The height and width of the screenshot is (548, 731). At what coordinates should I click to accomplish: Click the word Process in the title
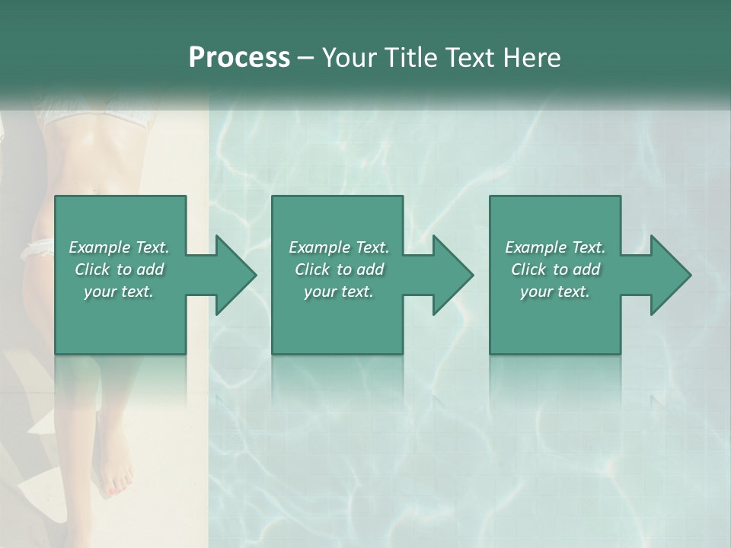[239, 58]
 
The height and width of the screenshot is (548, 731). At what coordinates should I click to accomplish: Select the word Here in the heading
[531, 58]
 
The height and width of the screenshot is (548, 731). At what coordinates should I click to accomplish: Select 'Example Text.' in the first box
[119, 247]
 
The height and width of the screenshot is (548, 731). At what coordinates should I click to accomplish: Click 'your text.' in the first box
[119, 292]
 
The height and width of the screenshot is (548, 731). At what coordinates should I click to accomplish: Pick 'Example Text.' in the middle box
[339, 247]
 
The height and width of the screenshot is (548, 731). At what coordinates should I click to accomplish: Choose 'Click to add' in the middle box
[339, 269]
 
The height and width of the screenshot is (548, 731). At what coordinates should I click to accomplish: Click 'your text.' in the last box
[555, 292]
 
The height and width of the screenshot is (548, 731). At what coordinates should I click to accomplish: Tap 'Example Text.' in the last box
[555, 247]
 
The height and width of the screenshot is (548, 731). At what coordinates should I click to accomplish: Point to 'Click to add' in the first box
[119, 269]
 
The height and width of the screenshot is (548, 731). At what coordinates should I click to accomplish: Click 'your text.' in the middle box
[339, 292]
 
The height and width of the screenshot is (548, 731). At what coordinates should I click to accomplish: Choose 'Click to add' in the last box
[555, 269]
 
